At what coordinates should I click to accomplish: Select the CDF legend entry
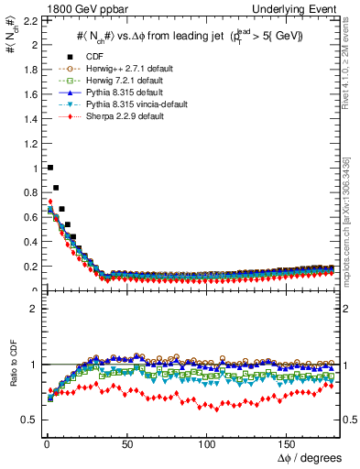(110, 58)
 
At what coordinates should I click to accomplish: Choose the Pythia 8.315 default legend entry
(136, 93)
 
